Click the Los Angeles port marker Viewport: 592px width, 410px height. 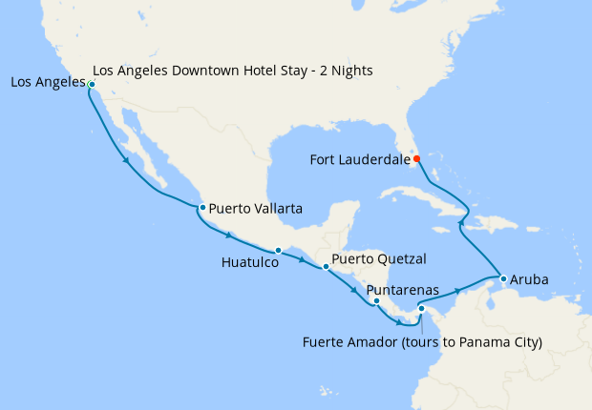92,85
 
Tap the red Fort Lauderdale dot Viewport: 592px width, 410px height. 416,158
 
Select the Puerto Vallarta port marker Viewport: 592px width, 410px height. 202,207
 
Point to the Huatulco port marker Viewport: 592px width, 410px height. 278,251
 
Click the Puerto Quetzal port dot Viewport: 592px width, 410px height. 326,267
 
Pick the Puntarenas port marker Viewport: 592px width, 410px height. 376,301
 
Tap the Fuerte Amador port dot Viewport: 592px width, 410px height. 421,308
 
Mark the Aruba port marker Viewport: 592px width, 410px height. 502,279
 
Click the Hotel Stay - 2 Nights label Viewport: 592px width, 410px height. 234,72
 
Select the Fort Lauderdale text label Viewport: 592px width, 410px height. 360,159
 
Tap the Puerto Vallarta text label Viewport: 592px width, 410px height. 256,207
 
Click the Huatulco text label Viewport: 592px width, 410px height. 248,264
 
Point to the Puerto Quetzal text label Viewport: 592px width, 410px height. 379,258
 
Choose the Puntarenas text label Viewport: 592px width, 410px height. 402,289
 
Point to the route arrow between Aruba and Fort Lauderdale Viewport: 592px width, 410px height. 461,223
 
